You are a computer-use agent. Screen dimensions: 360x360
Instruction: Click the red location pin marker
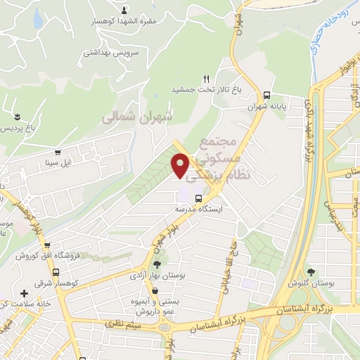tap(180, 165)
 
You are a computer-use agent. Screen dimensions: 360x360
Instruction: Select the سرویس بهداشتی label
tap(111, 53)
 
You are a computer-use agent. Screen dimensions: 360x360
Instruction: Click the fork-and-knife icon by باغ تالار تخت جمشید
tap(206, 79)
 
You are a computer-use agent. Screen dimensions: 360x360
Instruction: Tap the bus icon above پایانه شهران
tap(266, 95)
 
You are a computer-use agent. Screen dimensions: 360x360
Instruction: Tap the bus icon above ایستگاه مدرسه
tap(198, 198)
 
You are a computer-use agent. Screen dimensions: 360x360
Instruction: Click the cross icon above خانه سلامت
tap(24, 292)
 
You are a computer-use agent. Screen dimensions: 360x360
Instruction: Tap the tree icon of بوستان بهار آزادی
tap(155, 264)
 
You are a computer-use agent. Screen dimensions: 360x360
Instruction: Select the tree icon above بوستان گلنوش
tap(311, 271)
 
